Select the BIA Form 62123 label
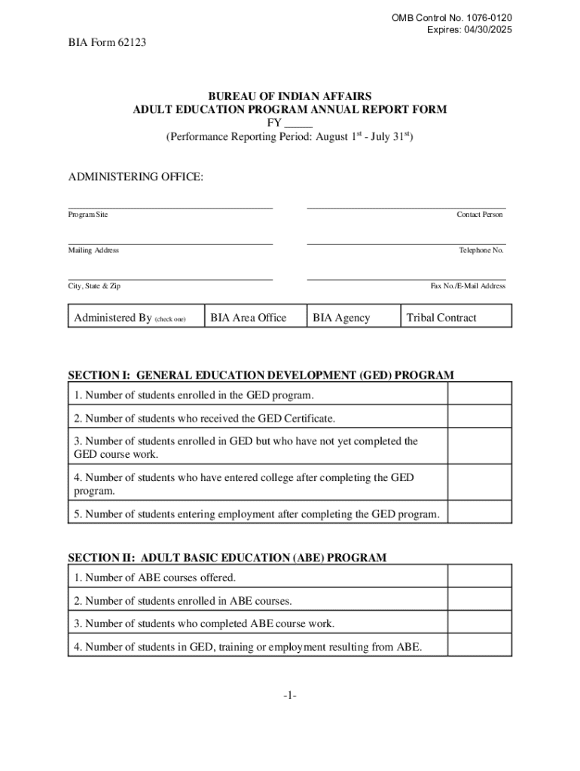point(102,43)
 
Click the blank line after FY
point(298,123)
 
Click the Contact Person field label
point(479,215)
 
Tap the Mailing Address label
point(93,250)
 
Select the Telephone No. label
point(481,250)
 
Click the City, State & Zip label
point(94,286)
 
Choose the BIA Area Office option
point(249,318)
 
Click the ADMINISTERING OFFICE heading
point(136,177)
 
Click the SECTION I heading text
point(261,375)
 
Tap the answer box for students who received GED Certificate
point(480,418)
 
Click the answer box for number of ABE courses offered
point(480,577)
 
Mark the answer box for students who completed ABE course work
point(480,623)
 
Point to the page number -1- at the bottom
point(290,696)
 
